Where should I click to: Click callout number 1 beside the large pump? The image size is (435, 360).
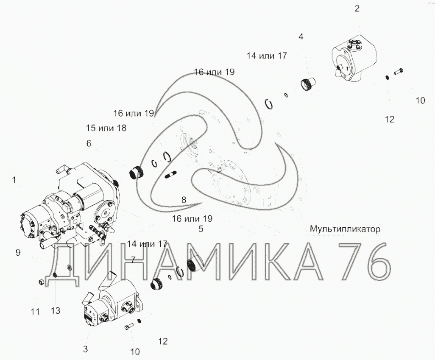(14, 180)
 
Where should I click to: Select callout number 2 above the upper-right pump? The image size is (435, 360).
(357, 8)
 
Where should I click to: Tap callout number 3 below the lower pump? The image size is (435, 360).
(86, 349)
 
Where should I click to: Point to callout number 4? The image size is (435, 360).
(301, 36)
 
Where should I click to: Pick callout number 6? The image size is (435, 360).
(89, 143)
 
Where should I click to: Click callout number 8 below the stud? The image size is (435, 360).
(184, 200)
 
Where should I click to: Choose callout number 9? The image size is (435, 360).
(18, 253)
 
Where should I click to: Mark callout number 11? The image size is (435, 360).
(35, 312)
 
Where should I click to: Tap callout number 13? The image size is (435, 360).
(56, 310)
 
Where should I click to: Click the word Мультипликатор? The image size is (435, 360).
(345, 229)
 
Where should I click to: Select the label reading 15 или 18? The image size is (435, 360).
(106, 128)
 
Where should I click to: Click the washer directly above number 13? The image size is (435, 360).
(55, 275)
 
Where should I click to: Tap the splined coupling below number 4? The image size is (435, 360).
(307, 84)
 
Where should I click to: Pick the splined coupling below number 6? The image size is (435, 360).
(136, 173)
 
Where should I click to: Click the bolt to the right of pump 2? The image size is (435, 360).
(398, 71)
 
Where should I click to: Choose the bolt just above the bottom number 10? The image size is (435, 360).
(129, 327)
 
